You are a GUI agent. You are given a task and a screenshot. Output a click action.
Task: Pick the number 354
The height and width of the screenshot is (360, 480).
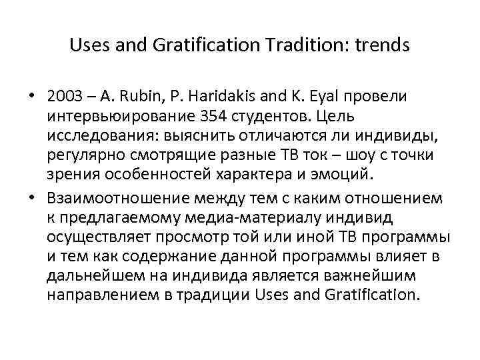pyautogui.click(x=191, y=116)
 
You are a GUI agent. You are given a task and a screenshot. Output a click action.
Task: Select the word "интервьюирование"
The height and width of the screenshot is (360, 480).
pyautogui.click(x=106, y=116)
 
